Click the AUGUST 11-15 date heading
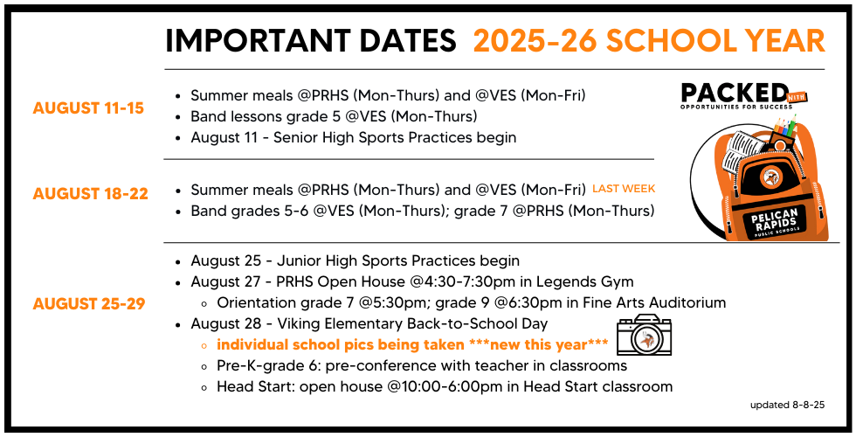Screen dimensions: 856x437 (88, 108)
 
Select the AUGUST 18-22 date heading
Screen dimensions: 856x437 (91, 194)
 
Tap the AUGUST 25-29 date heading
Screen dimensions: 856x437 (89, 304)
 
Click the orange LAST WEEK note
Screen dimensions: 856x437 (624, 189)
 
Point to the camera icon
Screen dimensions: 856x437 (645, 335)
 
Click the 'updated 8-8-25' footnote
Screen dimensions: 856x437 (787, 406)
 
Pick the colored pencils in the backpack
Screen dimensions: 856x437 (787, 126)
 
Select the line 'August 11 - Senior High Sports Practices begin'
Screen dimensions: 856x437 (353, 138)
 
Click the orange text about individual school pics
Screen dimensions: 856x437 (412, 345)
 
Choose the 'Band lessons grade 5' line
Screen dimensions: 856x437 (334, 117)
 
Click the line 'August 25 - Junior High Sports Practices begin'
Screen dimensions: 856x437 (355, 261)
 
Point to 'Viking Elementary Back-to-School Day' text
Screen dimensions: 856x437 (412, 324)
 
